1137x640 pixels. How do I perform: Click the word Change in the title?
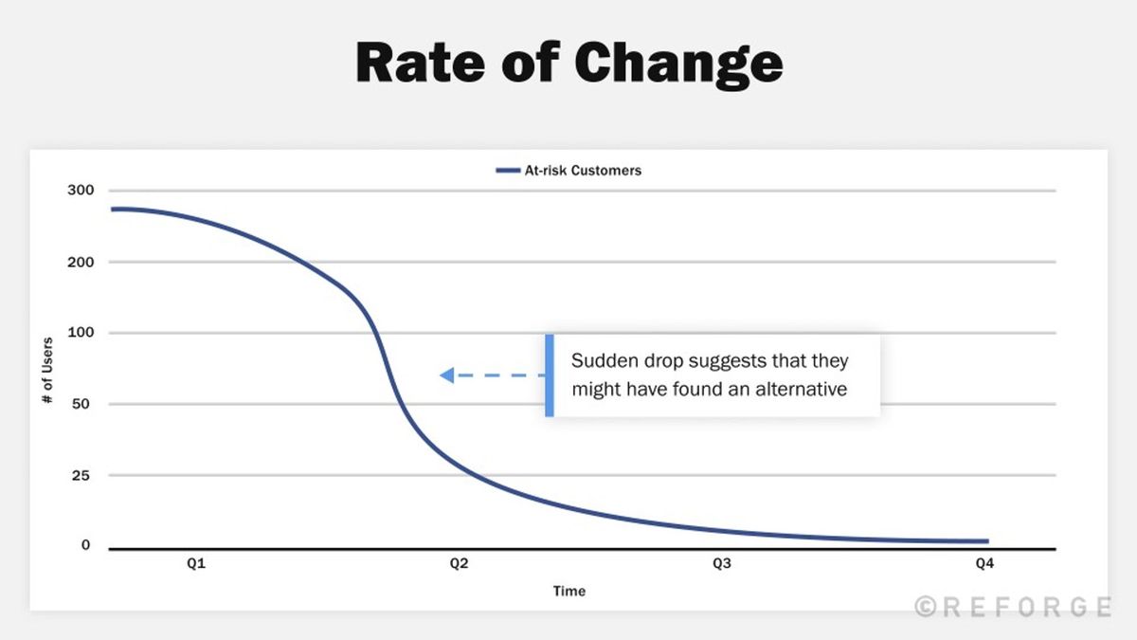(678, 64)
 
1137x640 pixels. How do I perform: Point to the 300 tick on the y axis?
(81, 191)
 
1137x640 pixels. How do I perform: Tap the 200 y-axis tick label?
(81, 262)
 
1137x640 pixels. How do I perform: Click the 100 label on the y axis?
(81, 333)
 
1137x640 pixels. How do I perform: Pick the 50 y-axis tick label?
(83, 404)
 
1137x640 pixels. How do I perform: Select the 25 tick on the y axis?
(83, 475)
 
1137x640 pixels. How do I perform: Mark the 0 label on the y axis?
(85, 545)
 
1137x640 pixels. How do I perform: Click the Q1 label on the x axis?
(196, 564)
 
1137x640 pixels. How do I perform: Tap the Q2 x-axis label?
(459, 564)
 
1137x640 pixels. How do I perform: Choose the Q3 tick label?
(722, 564)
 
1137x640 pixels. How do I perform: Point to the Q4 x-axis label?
(984, 564)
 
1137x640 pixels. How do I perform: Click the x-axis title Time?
(569, 592)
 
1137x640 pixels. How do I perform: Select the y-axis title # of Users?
(46, 369)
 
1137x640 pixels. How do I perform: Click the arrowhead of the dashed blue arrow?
(446, 375)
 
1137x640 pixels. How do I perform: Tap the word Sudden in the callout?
(601, 362)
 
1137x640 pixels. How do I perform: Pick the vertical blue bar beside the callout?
(549, 375)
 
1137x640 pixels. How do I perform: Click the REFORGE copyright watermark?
(1013, 607)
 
